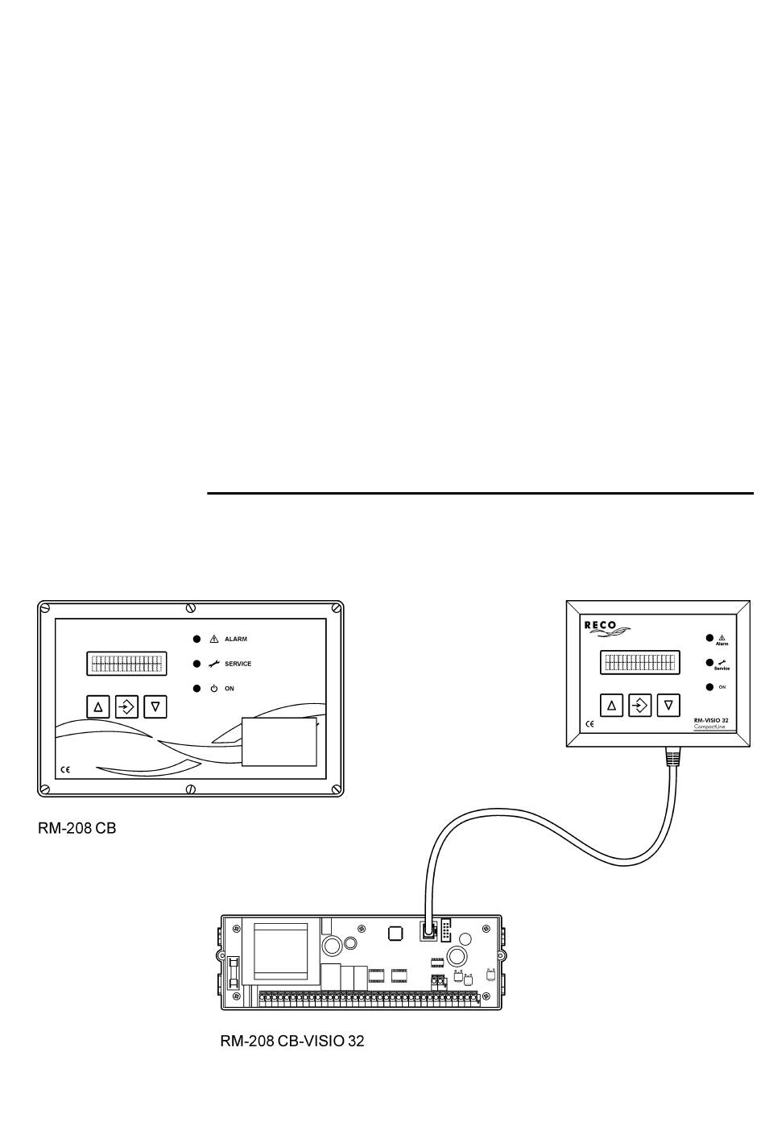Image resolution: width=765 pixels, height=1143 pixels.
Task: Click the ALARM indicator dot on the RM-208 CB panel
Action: click(196, 639)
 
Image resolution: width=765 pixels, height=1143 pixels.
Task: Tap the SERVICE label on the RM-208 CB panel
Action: click(238, 664)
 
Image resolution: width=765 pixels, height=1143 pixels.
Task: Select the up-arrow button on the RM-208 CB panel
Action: click(98, 706)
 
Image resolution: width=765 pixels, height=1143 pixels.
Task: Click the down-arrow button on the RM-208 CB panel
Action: click(155, 706)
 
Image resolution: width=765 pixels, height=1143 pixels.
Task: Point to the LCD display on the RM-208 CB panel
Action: click(126, 664)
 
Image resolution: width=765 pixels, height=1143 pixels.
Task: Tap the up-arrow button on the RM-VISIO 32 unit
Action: click(611, 705)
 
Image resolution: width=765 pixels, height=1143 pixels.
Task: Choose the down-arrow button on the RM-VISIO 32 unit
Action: click(668, 705)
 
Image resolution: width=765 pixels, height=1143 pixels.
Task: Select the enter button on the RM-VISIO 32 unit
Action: click(639, 705)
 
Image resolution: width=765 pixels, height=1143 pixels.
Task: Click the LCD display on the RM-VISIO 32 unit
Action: click(639, 662)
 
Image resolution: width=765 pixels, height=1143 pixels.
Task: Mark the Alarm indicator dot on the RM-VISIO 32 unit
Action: click(709, 638)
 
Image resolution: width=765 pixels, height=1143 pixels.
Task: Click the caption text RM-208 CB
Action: click(77, 828)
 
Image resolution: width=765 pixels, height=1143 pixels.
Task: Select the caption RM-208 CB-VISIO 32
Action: click(292, 1041)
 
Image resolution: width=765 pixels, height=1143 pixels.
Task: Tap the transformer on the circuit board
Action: click(280, 951)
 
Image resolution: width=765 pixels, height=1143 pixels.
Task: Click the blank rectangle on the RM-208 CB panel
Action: click(279, 743)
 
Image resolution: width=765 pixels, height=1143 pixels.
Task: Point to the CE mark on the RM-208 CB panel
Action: click(65, 770)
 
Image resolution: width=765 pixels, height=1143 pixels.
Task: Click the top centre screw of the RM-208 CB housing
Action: click(191, 607)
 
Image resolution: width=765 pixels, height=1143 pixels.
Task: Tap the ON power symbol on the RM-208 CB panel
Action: click(214, 689)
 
